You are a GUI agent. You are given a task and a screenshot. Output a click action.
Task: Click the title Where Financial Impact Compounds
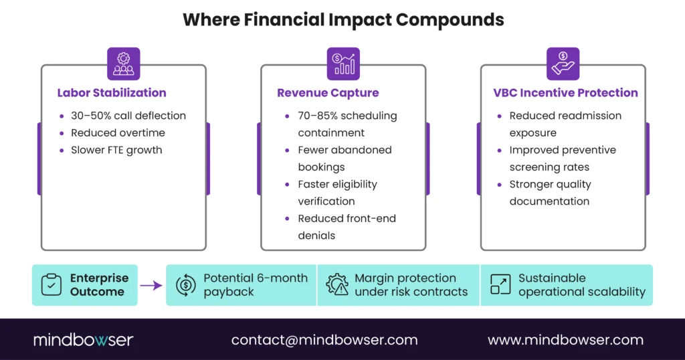coord(342,19)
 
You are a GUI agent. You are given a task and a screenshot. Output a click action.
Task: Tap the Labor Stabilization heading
coord(112,93)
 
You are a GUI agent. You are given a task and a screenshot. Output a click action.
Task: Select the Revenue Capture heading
coord(328,93)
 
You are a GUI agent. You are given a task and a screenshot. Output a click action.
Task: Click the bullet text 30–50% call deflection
coord(128,116)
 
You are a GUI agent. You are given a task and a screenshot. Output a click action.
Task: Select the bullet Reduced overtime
coord(118,132)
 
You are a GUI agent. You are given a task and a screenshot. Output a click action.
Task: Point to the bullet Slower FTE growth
coord(116,150)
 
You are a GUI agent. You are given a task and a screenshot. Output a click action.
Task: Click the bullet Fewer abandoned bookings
coord(345,158)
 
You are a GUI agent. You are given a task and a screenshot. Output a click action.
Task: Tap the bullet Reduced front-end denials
coord(347,227)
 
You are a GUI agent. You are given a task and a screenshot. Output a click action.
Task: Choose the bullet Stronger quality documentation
coord(550,193)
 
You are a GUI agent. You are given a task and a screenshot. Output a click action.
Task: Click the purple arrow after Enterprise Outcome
coord(151,285)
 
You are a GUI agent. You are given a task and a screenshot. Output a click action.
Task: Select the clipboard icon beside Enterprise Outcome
coord(52,285)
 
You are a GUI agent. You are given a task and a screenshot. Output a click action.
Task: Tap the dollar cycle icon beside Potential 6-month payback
coord(185,285)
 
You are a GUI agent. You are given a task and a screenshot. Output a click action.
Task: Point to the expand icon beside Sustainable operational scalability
coord(500,285)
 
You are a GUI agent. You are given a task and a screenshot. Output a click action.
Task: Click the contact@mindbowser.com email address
coord(324,340)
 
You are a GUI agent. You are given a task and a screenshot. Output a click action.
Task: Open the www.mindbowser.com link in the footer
coord(565,340)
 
